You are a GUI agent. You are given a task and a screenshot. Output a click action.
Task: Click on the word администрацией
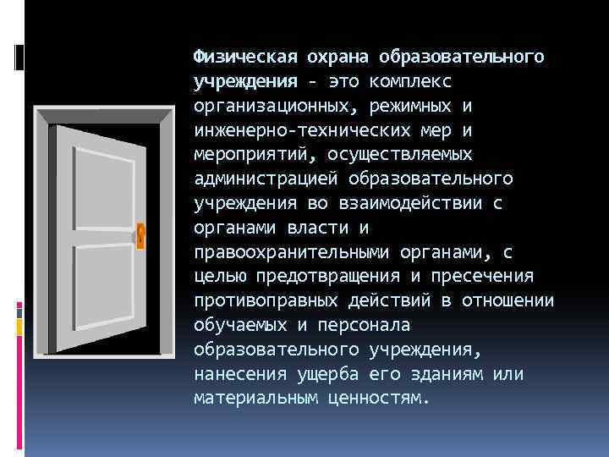[262, 179]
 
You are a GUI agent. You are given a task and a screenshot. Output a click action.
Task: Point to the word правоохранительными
[282, 253]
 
